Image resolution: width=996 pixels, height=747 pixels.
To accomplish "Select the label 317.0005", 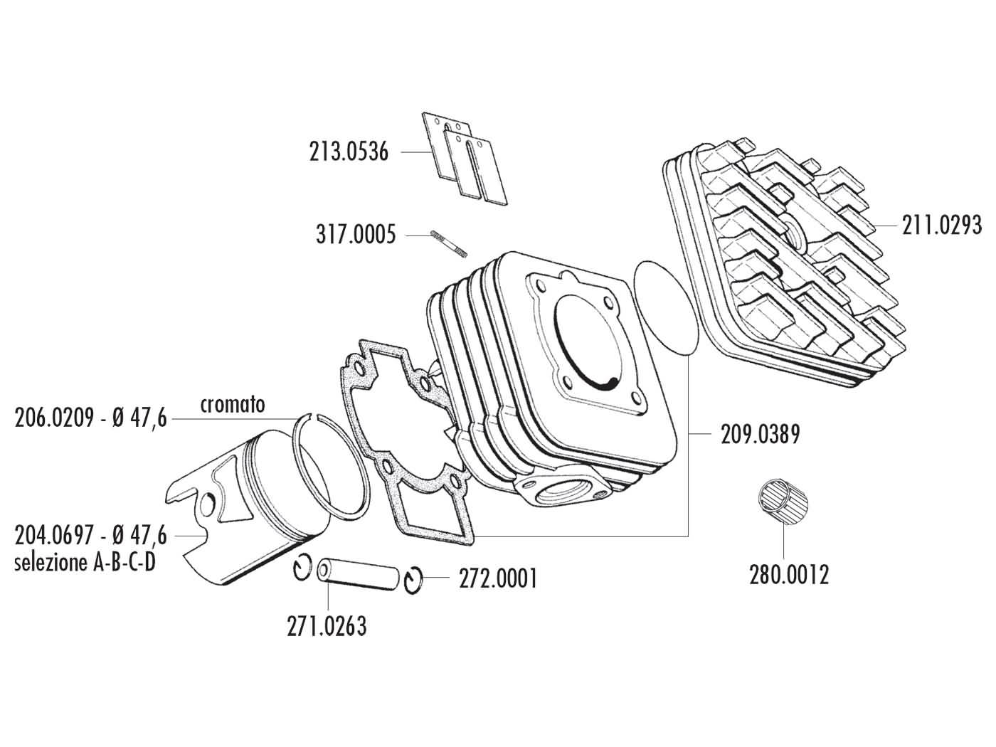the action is pos(356,235).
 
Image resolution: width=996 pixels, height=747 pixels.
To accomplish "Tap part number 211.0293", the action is pos(941,226).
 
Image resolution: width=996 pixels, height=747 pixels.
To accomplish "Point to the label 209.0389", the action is pos(761,433).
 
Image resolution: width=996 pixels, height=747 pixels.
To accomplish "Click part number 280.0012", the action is pos(789,574).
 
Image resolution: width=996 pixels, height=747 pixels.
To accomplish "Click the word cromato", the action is pos(232,404).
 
